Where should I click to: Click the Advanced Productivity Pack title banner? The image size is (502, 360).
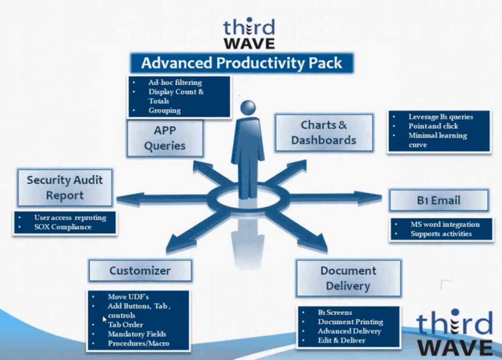(242, 63)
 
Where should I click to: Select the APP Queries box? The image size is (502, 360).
(165, 138)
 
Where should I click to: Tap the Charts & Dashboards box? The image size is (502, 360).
(324, 132)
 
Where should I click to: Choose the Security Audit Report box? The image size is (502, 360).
(65, 188)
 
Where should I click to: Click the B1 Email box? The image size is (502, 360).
(439, 201)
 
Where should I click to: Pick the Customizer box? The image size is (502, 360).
(140, 271)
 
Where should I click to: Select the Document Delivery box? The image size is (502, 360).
(349, 278)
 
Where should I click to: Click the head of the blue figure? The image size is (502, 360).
(248, 108)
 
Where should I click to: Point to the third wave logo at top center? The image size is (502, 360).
(249, 34)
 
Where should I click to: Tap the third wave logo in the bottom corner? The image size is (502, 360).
(454, 333)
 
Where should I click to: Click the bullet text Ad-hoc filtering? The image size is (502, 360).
(175, 82)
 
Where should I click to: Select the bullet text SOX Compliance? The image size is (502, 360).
(63, 227)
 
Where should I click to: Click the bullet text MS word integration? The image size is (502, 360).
(445, 224)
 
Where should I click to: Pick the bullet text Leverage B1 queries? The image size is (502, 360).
(441, 117)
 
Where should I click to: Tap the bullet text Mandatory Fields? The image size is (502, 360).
(137, 334)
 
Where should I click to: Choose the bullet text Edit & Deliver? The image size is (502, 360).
(341, 340)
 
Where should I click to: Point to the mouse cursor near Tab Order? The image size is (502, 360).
(104, 319)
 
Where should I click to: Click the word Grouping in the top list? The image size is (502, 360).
(165, 110)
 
